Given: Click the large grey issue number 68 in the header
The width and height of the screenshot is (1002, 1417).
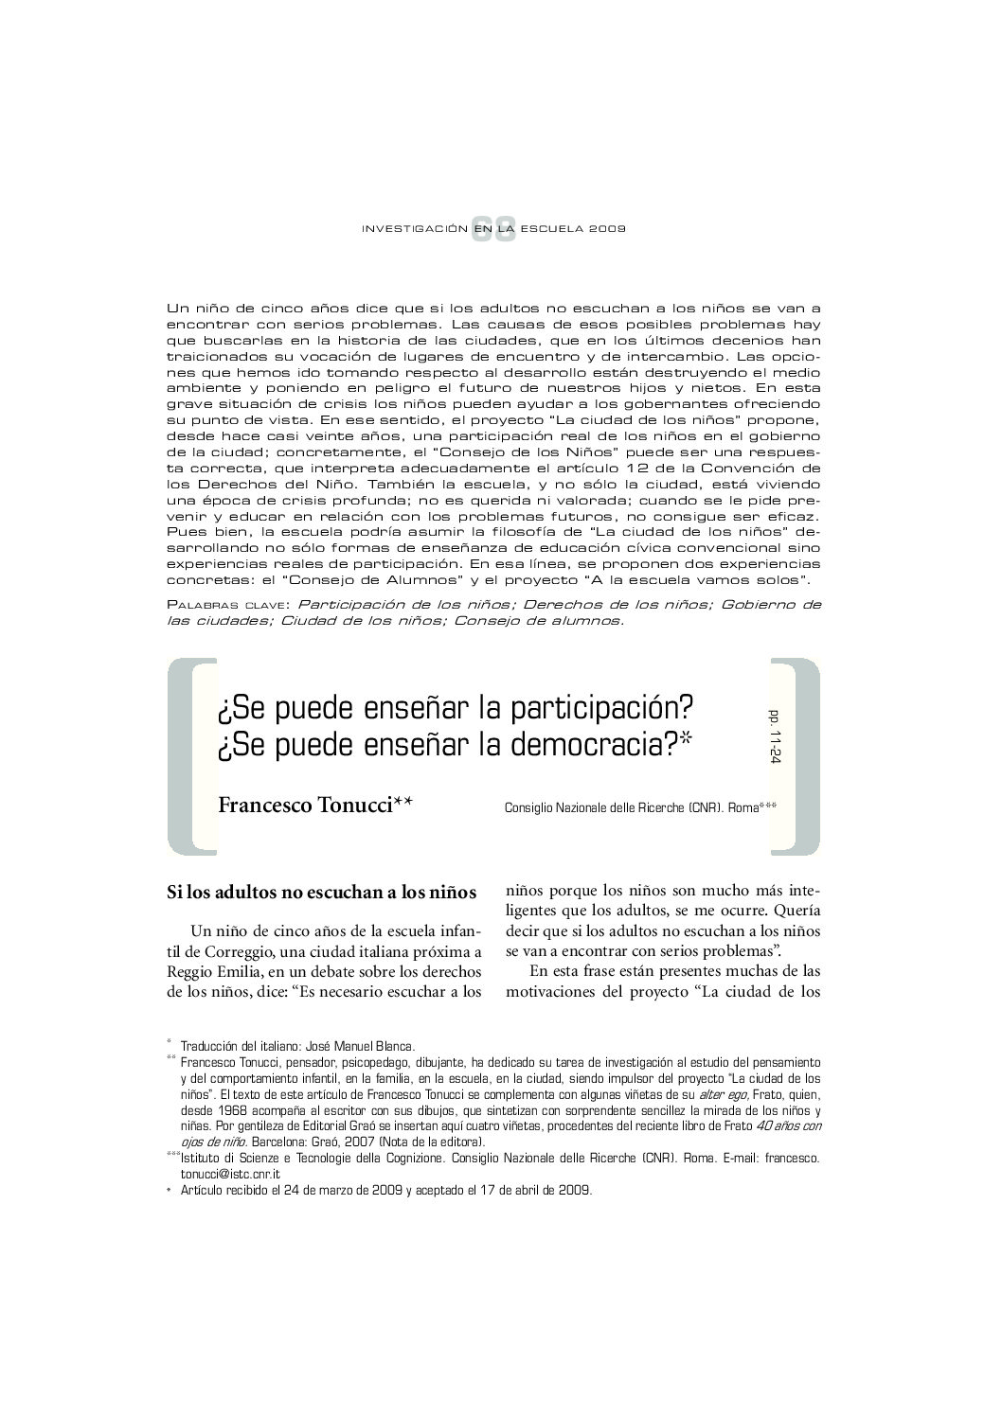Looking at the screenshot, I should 494,229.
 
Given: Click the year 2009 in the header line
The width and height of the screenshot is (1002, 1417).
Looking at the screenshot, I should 608,230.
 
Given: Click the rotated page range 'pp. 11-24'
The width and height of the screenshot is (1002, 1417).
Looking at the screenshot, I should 776,733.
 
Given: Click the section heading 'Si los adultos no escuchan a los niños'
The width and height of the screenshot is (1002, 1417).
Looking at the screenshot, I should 321,892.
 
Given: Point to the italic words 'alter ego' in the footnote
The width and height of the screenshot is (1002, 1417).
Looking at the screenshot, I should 719,1095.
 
